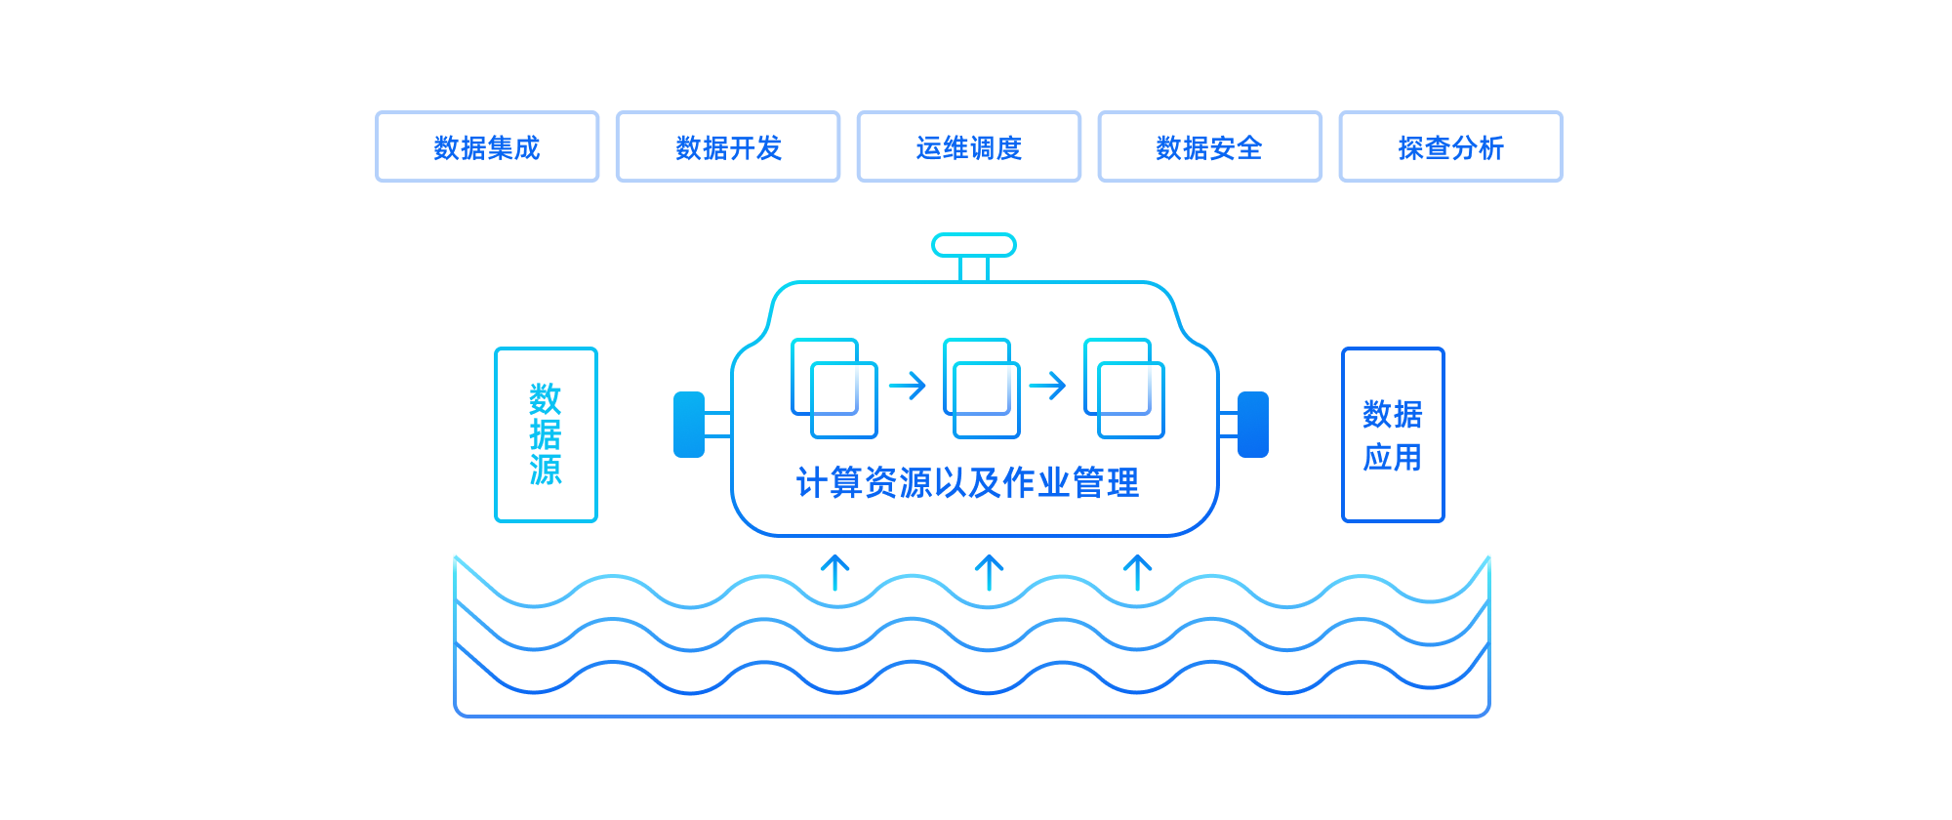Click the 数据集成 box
(x=487, y=147)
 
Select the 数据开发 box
(x=728, y=147)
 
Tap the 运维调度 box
(x=969, y=147)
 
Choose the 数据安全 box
(x=1210, y=147)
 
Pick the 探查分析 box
(x=1450, y=147)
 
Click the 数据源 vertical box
(x=546, y=434)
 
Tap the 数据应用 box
(x=1393, y=434)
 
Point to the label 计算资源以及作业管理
(x=967, y=483)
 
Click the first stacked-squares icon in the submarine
(x=834, y=388)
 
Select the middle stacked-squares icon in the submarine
(x=981, y=388)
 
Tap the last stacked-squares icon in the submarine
(x=1124, y=388)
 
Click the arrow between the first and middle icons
(x=907, y=386)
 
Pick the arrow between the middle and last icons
(x=1047, y=386)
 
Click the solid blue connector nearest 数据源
(x=689, y=425)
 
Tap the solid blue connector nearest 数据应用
(x=1253, y=425)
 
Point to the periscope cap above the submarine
(x=973, y=245)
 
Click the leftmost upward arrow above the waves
(x=834, y=573)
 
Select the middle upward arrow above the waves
(x=989, y=573)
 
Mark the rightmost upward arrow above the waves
(x=1137, y=573)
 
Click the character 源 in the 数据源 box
(x=546, y=470)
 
